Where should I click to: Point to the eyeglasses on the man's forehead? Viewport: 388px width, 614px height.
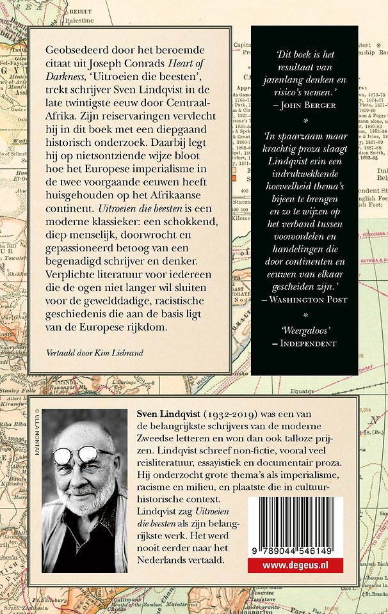click(83, 455)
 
